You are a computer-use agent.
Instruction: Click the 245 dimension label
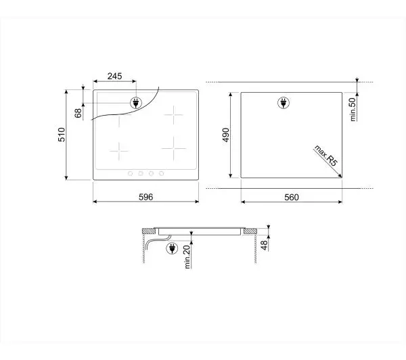tap(115, 76)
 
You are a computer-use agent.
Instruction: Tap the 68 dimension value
tap(78, 113)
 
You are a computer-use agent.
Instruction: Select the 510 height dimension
tap(62, 135)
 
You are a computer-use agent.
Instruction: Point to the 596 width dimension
tap(145, 197)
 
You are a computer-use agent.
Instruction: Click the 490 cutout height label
tap(226, 135)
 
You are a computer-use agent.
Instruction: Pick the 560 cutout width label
tap(292, 198)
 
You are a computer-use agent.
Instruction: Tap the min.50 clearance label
tap(353, 110)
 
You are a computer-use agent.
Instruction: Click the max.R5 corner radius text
tap(326, 156)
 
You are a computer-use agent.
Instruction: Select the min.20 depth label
tap(187, 257)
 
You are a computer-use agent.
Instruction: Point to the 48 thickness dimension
tap(264, 245)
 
